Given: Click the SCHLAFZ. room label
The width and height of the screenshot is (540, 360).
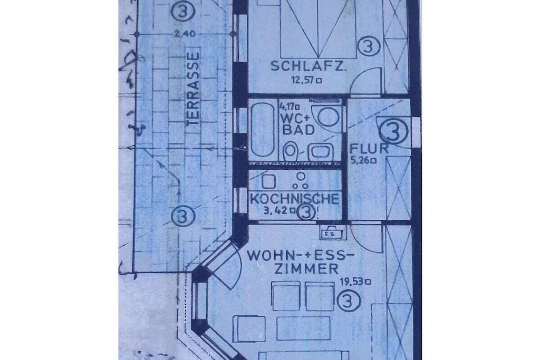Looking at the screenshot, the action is (x=308, y=66).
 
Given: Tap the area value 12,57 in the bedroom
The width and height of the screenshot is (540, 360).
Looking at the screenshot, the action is (x=304, y=81).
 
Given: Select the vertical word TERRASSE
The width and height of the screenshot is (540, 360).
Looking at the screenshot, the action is (x=193, y=89).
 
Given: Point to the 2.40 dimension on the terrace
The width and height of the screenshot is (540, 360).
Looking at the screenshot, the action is (x=185, y=34).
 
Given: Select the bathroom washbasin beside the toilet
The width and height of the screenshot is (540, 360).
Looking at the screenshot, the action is (x=321, y=152).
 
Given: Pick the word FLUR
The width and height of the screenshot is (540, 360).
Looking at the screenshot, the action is (x=369, y=149).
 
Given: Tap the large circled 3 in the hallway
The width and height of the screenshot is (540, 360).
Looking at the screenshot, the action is (x=393, y=131).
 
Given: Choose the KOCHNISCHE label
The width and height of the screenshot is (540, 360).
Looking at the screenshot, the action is (x=294, y=199).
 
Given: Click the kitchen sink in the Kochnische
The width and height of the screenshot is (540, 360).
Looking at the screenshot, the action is (x=268, y=181).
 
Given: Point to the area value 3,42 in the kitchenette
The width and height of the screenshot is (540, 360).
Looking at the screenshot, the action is (x=277, y=211).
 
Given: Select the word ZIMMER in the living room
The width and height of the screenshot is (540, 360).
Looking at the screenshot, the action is (x=306, y=269).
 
